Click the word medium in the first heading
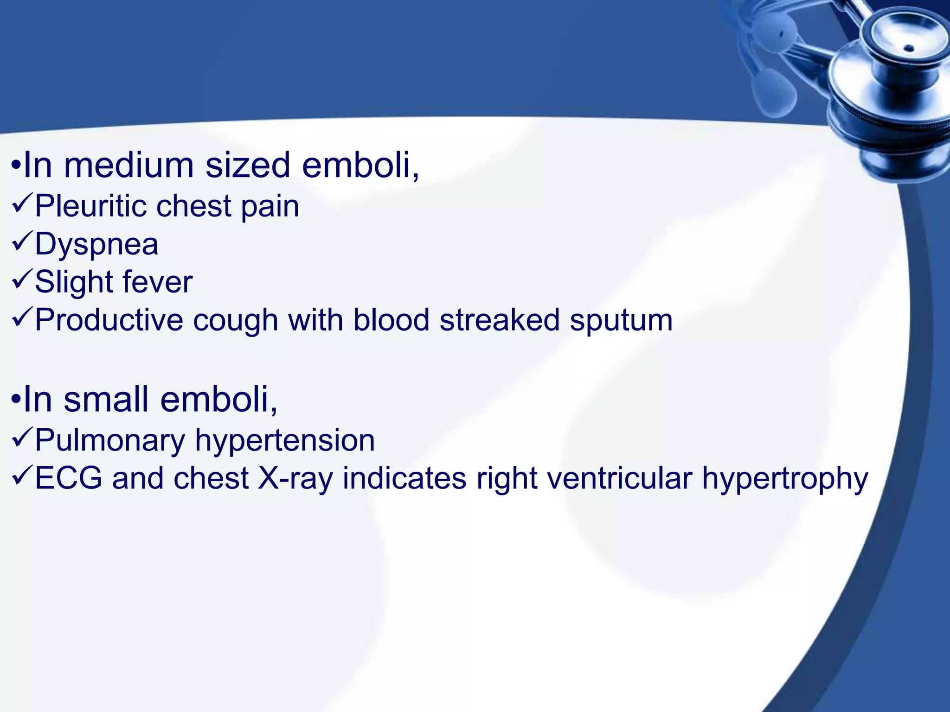pyautogui.click(x=129, y=165)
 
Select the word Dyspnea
pyautogui.click(x=96, y=244)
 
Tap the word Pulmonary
pyautogui.click(x=110, y=440)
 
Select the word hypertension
pyautogui.click(x=285, y=440)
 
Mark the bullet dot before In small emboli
pyautogui.click(x=16, y=399)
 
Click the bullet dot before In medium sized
pyautogui.click(x=16, y=165)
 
